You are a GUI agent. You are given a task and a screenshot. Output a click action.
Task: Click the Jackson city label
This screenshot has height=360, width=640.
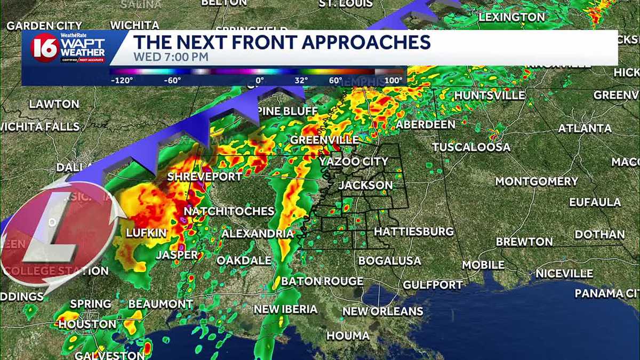365,185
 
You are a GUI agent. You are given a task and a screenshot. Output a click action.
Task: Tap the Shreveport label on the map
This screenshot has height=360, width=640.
205,177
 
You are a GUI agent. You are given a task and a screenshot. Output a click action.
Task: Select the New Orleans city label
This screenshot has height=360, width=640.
382,311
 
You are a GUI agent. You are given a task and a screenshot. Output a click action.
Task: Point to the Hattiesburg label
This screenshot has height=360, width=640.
413,232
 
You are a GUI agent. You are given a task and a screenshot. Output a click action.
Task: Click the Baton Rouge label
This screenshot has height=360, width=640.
322,281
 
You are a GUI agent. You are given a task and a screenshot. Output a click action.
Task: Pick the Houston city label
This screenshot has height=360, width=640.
87,324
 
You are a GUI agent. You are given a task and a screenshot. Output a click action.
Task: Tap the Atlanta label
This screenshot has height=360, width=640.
585,129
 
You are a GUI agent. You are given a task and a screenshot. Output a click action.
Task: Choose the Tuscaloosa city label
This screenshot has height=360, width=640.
471,147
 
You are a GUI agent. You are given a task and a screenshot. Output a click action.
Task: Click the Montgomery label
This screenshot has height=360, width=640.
536,181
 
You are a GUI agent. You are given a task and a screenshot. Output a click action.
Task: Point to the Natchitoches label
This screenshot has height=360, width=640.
229,211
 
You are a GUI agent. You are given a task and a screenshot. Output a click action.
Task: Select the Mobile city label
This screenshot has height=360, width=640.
483,265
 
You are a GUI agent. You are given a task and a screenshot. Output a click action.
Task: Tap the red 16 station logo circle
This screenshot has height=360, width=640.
44,48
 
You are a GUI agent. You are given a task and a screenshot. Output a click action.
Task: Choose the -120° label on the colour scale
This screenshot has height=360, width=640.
122,81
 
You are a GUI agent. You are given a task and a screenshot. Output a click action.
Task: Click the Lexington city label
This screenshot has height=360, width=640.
511,17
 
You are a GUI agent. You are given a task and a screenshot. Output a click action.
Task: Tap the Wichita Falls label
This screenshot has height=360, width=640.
40,126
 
